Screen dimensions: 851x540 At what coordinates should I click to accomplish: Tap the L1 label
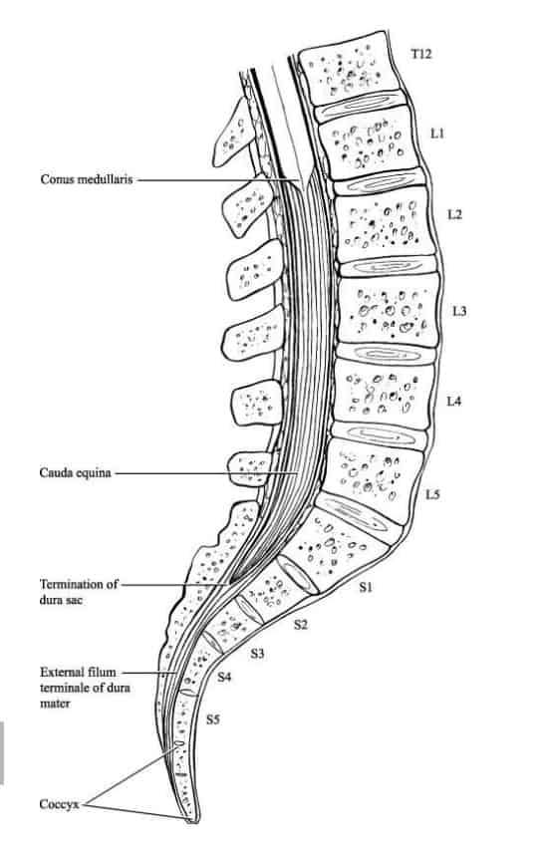click(436, 132)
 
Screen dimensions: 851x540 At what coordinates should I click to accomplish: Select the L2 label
click(454, 215)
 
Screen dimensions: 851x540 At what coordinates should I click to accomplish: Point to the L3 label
click(458, 311)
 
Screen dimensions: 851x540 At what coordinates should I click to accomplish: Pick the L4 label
click(453, 402)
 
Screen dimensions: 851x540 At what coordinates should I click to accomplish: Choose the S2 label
click(301, 625)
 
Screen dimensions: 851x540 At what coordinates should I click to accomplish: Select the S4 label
click(225, 678)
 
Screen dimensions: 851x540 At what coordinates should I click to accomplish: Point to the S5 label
click(213, 716)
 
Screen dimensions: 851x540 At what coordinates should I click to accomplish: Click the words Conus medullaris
click(85, 180)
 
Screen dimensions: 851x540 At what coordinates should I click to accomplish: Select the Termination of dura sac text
click(79, 593)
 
